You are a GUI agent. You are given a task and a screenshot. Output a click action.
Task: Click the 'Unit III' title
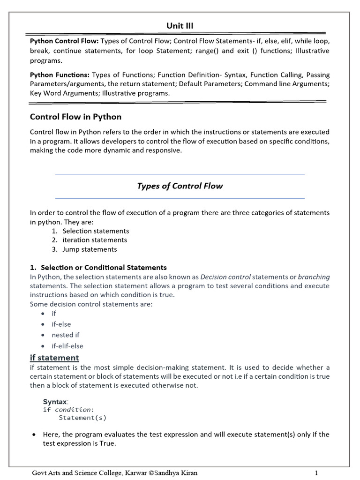(x=180, y=26)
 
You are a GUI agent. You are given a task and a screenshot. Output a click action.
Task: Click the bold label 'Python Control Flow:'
(x=60, y=41)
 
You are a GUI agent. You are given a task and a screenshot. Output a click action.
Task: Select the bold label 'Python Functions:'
(x=60, y=75)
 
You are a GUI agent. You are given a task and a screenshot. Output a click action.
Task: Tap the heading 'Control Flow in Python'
(x=75, y=117)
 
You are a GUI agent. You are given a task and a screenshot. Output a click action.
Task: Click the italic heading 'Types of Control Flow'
(x=180, y=186)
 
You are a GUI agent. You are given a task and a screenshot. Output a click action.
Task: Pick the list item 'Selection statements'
(x=96, y=231)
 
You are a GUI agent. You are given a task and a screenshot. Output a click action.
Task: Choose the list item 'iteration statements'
(x=95, y=240)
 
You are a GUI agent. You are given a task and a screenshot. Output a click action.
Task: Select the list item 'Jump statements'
(x=90, y=249)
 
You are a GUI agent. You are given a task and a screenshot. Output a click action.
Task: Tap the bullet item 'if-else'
(x=61, y=324)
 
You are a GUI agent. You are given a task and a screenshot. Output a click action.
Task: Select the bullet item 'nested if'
(x=66, y=335)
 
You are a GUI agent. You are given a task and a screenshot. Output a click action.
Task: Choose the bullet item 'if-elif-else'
(x=67, y=346)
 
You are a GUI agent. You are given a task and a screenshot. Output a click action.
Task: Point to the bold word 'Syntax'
(x=55, y=402)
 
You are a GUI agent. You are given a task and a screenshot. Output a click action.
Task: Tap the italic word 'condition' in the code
(x=73, y=410)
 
